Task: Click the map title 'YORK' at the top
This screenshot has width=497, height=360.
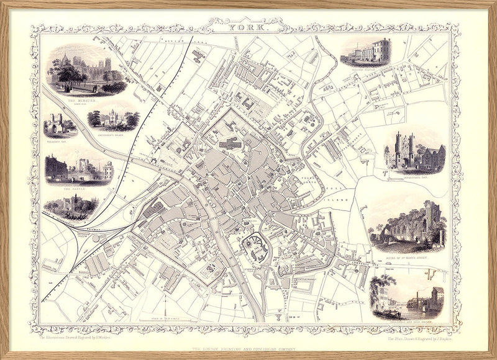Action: pos(248,27)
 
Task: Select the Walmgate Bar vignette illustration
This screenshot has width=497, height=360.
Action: pos(60,125)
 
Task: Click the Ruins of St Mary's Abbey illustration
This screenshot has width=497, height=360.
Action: pos(407,225)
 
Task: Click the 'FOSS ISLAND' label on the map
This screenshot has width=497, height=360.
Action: pos(341,193)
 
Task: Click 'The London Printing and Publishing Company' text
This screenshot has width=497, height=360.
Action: pos(248,349)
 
